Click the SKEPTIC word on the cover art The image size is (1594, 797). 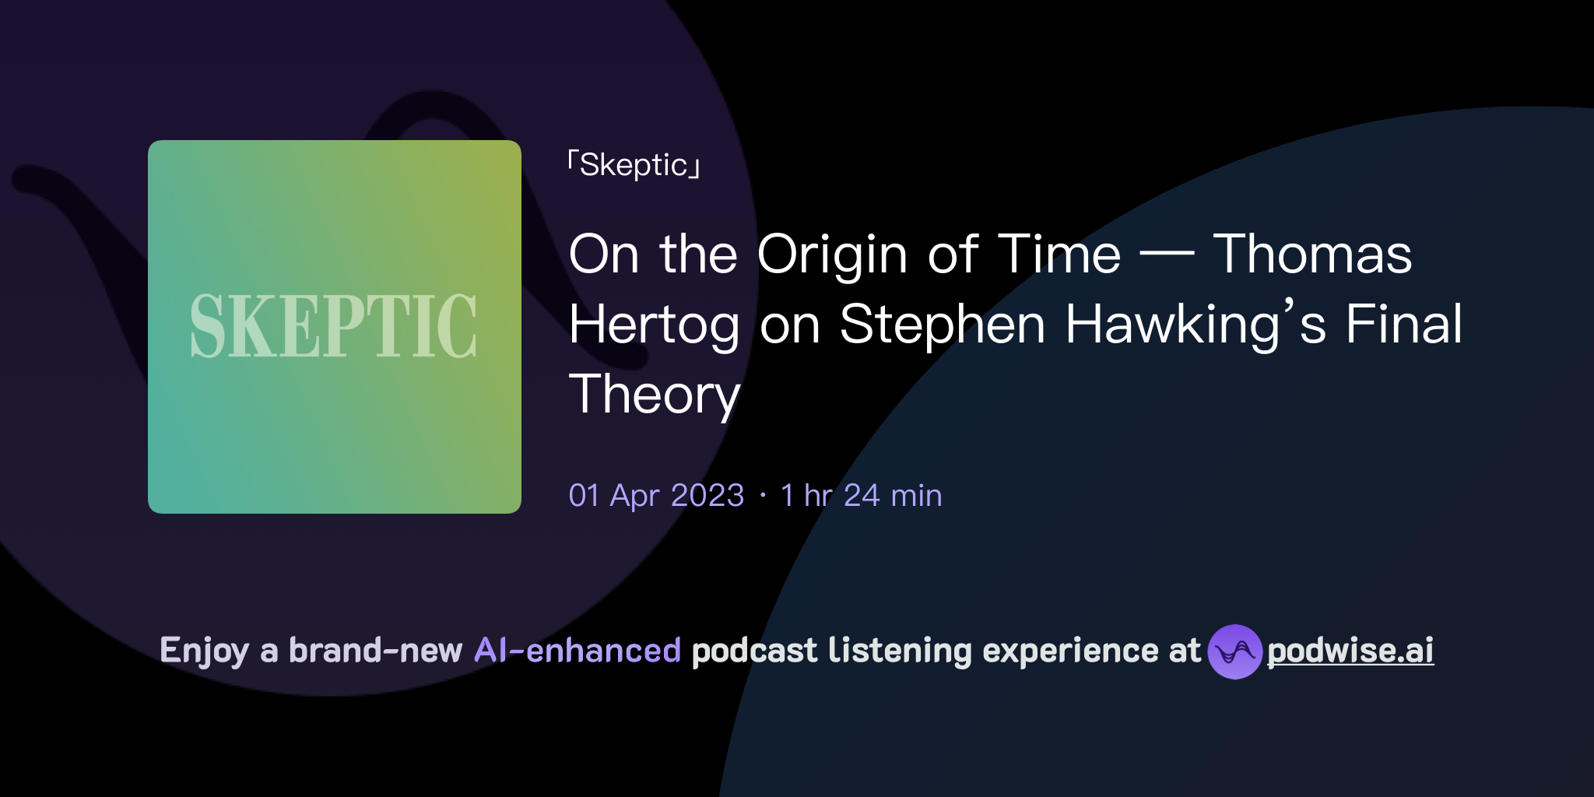point(333,326)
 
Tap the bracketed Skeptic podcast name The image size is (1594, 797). point(634,165)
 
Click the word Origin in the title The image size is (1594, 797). point(832,255)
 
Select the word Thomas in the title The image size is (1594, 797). point(1312,255)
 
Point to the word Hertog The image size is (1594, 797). point(654,325)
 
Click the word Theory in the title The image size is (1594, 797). point(654,395)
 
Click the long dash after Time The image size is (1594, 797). point(1167,255)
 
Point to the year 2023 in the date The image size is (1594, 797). point(707,496)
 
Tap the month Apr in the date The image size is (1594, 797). point(634,496)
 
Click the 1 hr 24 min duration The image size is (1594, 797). point(861,496)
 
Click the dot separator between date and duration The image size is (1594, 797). point(763,496)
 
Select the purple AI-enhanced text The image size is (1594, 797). point(578,651)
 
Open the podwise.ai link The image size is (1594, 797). point(1350,651)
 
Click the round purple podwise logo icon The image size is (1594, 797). point(1234,651)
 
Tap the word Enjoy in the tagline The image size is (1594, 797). point(204,651)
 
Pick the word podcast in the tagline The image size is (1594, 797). point(754,651)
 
